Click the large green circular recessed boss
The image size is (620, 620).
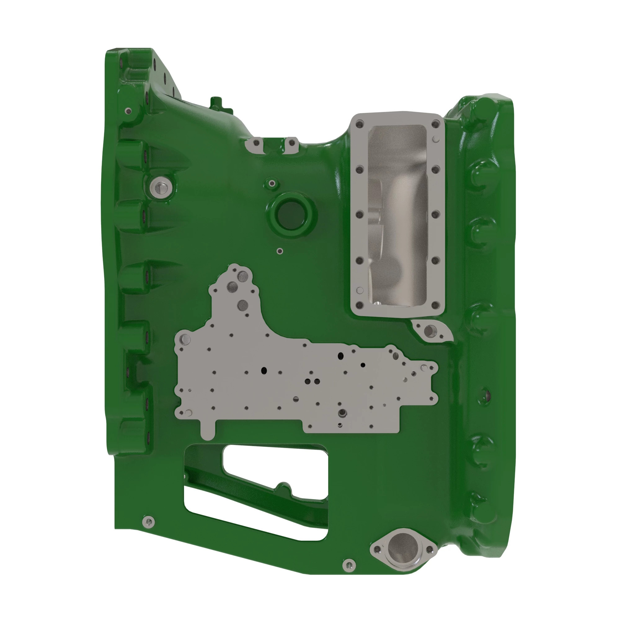coord(290,214)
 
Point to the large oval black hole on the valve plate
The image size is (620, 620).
coord(340,356)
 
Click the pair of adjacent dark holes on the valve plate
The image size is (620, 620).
coord(312,382)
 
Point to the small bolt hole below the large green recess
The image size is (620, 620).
coord(280,251)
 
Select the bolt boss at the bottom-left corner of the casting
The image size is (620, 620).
coord(148,521)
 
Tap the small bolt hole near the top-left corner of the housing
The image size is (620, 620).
coord(128,111)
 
